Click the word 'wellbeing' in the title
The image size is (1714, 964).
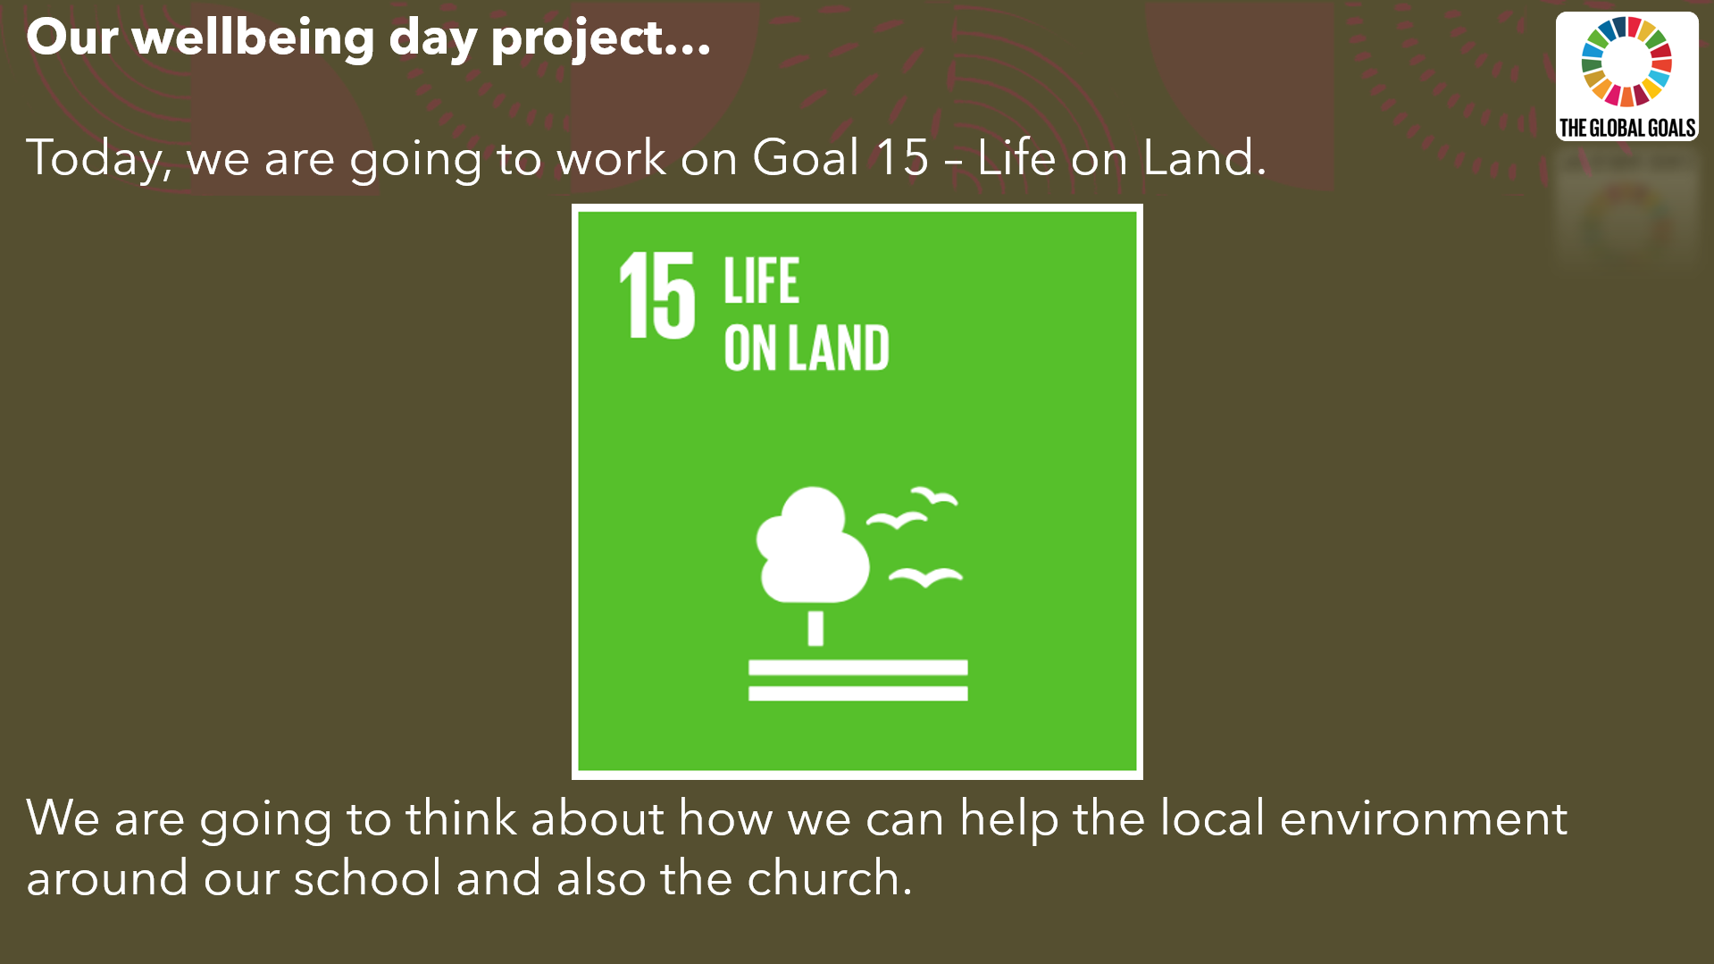click(253, 38)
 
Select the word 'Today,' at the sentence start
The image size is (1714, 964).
click(98, 159)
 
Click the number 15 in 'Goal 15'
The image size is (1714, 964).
click(902, 157)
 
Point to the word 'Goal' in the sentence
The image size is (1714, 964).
click(806, 157)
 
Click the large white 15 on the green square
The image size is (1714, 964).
click(657, 295)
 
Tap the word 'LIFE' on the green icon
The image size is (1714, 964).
click(761, 281)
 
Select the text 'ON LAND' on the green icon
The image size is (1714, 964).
click(807, 348)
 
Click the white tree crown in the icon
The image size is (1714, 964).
click(812, 545)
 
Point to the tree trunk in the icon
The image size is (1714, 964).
click(815, 628)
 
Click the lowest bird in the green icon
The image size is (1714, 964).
click(925, 577)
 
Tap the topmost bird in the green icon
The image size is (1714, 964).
click(934, 496)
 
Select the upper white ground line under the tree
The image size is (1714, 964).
click(857, 667)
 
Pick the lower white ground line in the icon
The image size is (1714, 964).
click(857, 693)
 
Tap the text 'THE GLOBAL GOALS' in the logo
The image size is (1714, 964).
click(1626, 129)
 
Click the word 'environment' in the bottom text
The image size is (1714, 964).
click(1423, 818)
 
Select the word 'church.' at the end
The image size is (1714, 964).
click(830, 877)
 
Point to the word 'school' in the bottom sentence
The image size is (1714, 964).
click(367, 877)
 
